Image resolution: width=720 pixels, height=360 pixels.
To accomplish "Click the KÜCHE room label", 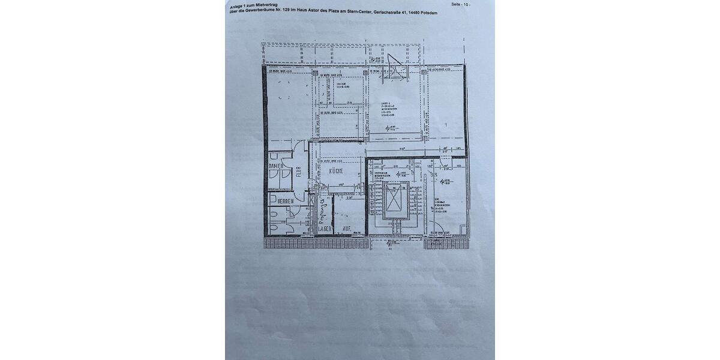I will [335, 172].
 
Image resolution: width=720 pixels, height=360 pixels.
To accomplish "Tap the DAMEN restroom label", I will [276, 166].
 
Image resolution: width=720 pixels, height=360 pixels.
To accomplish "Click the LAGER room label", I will [325, 229].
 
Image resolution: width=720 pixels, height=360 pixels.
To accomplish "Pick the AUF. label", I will [347, 229].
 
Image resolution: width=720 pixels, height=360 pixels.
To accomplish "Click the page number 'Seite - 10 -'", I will [461, 4].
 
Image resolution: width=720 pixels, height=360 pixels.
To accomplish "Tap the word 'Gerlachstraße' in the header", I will [387, 11].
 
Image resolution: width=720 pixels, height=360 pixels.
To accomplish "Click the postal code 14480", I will [411, 12].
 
